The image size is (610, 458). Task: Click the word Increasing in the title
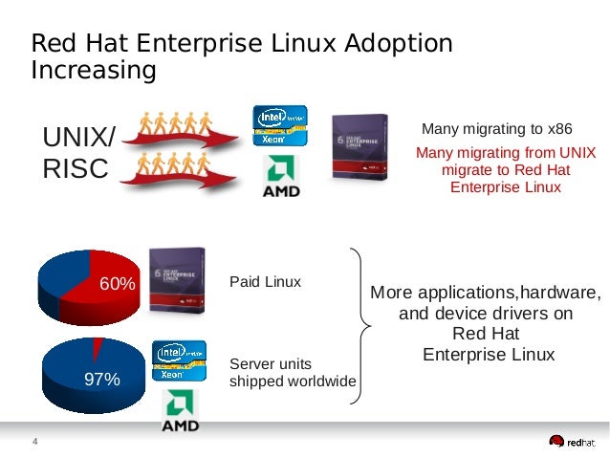[93, 70]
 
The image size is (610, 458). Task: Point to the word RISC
[76, 169]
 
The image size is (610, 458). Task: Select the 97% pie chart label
[101, 380]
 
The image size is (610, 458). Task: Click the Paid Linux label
[265, 282]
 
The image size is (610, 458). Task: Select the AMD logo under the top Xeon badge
[281, 178]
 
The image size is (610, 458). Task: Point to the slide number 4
[35, 441]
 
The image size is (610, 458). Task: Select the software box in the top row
[359, 148]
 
